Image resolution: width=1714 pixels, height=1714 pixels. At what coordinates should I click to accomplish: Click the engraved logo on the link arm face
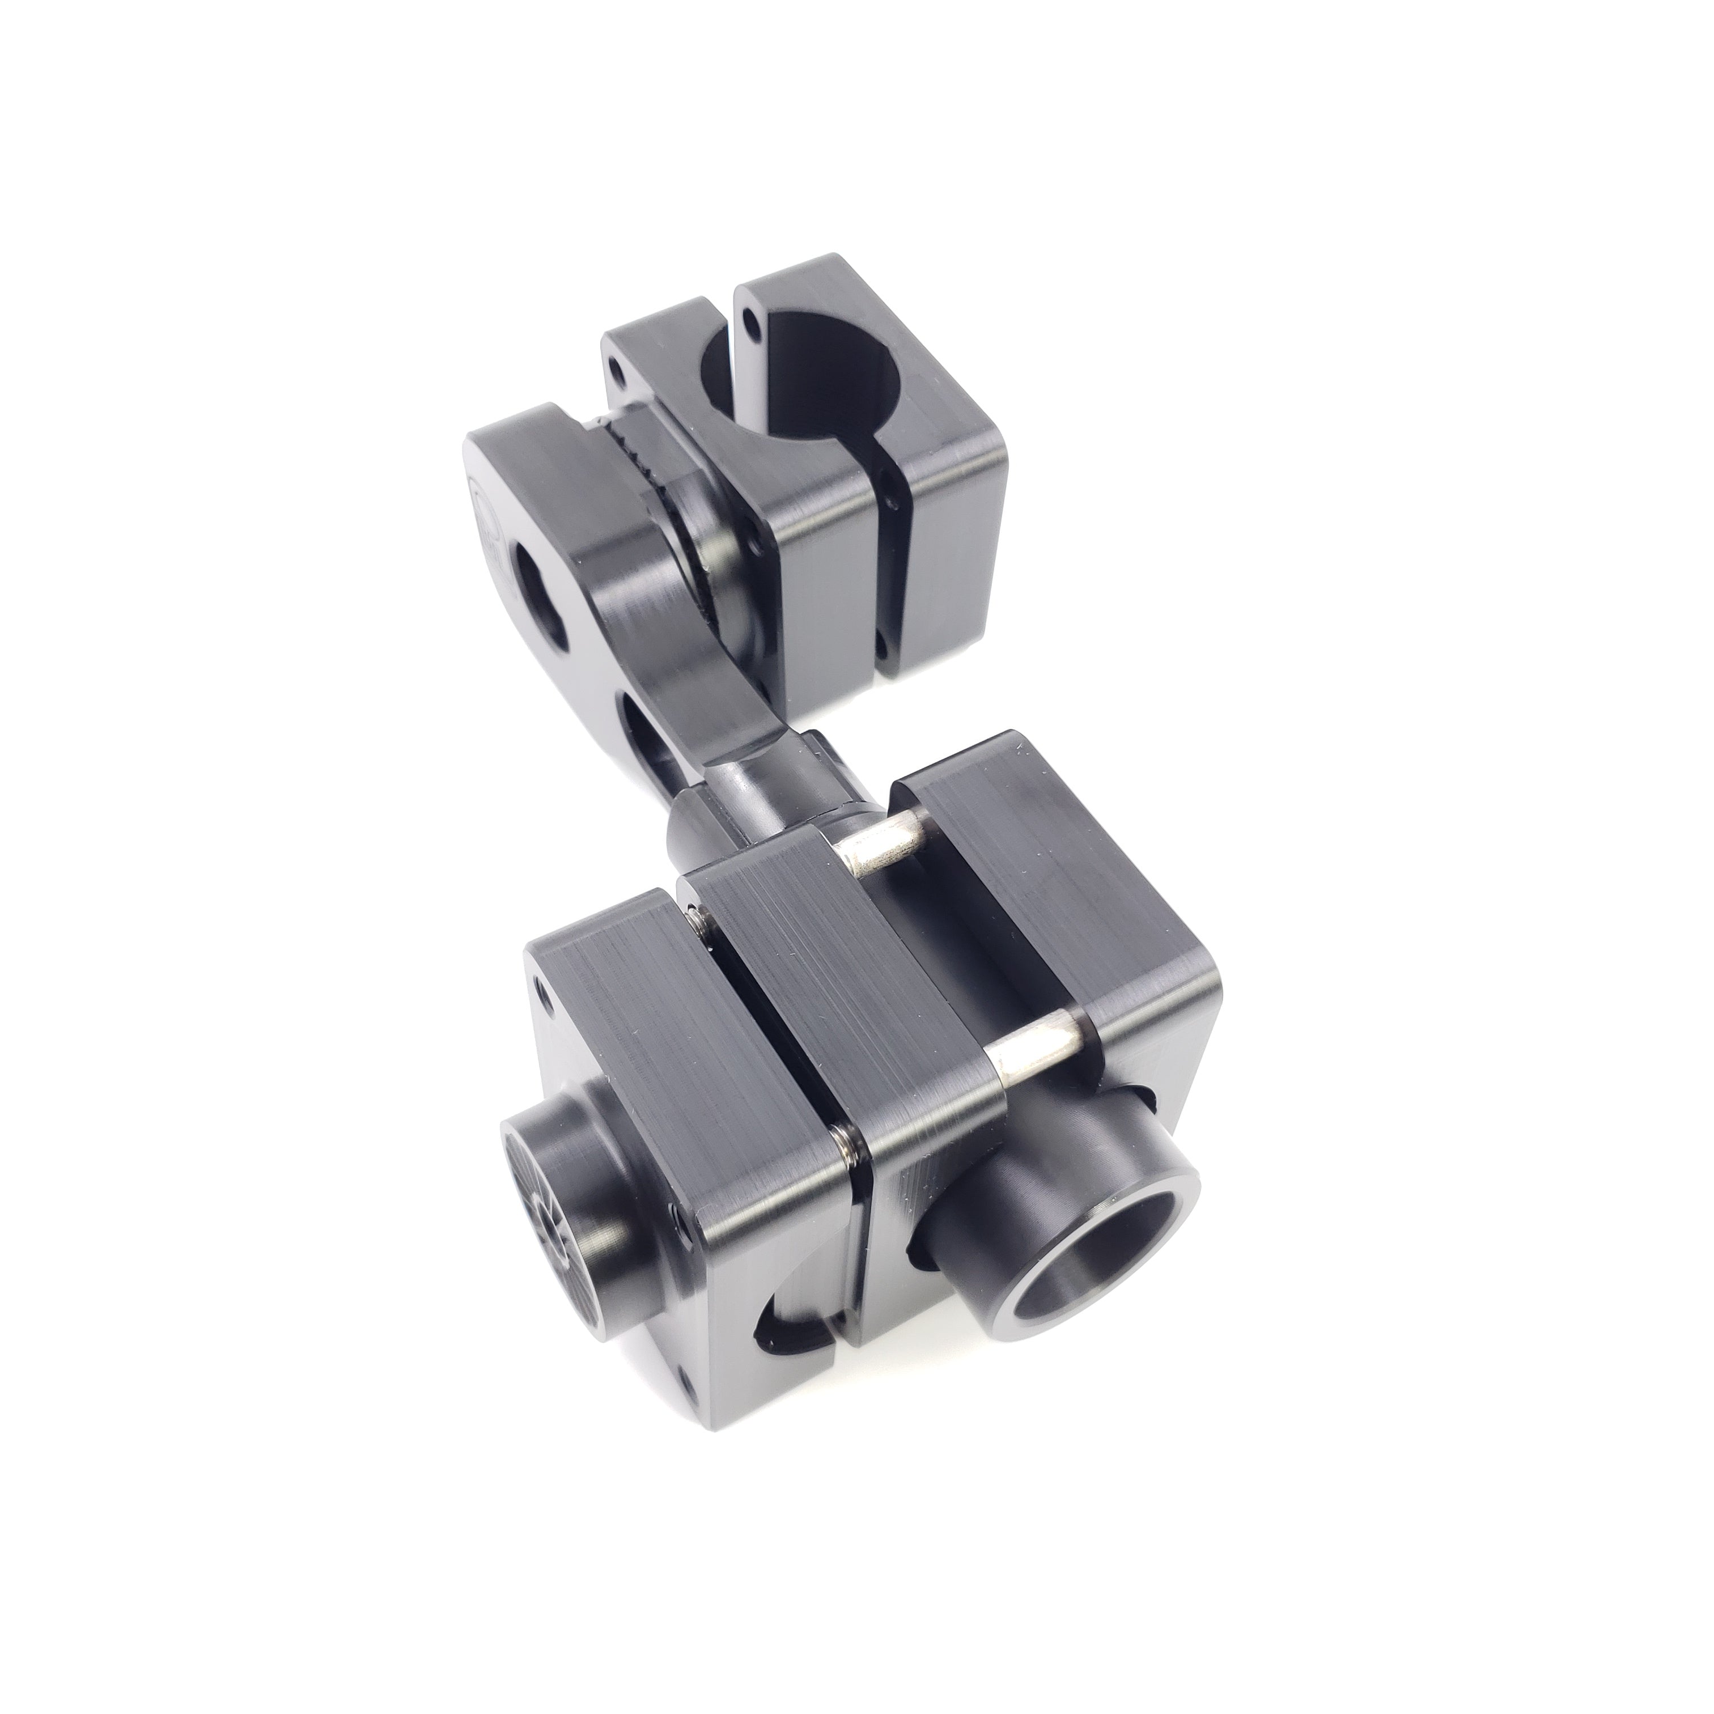click(482, 515)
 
